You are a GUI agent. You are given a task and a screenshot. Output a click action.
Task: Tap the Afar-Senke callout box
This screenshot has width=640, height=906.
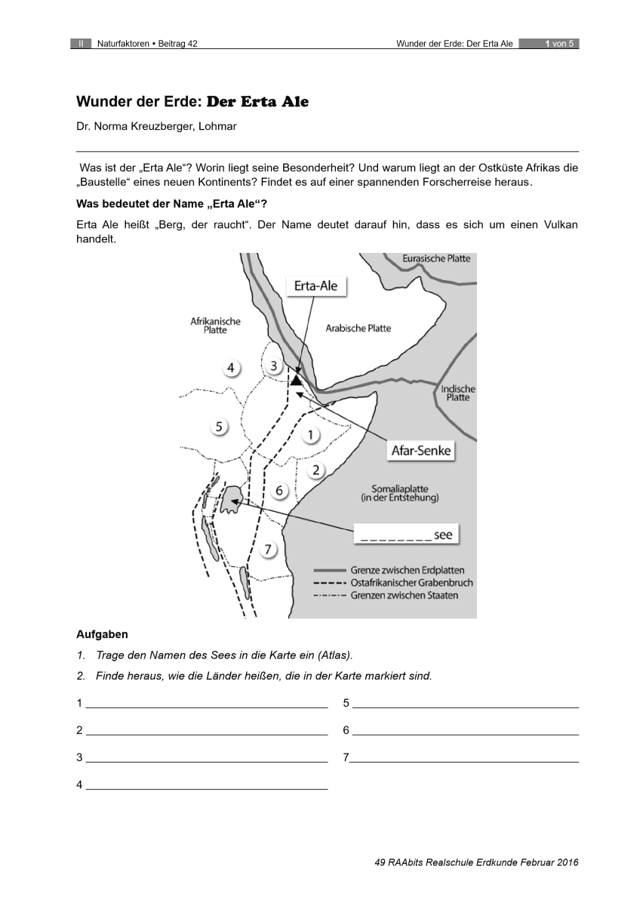coord(421,451)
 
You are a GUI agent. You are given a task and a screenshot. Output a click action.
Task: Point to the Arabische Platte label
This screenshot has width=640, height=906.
coord(358,328)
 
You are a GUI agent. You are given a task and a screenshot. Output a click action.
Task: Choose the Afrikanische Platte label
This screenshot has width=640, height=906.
coord(215,326)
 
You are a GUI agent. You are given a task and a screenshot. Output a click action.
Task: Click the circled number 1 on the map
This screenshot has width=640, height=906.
coord(310,435)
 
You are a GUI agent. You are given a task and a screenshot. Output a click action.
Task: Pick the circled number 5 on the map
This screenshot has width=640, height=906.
coord(219,427)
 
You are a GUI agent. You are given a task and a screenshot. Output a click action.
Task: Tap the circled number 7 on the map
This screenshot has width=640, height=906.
coord(268,549)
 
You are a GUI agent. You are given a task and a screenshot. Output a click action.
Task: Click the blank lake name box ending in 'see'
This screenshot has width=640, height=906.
coord(406,535)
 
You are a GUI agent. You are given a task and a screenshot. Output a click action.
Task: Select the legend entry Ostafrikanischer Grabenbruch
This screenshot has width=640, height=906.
coord(411,583)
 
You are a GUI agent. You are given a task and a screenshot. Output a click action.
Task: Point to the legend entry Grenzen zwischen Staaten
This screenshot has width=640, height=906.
coord(404,595)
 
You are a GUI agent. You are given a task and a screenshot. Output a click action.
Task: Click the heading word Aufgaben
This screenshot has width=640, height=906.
coord(102,633)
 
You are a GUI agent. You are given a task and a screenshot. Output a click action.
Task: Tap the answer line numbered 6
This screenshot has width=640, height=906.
coord(465,731)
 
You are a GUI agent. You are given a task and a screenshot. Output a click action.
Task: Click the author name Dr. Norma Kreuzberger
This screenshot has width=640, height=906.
coord(156,127)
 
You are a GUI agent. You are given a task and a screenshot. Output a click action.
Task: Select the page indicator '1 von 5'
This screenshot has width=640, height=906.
coord(559,44)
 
